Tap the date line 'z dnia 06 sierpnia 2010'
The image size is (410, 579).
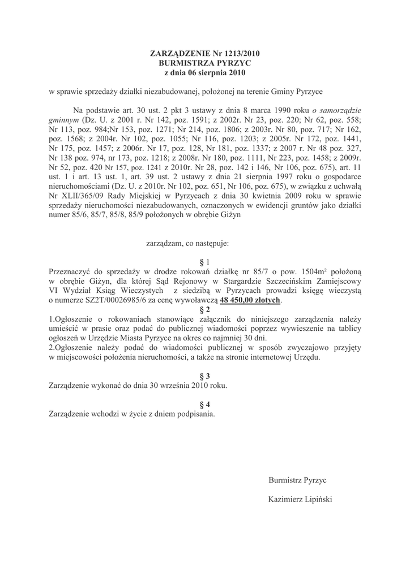205,73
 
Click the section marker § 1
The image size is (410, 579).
205,262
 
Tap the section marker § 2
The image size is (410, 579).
205,309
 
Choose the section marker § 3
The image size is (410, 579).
205,376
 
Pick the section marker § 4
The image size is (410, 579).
205,404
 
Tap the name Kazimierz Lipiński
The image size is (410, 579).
300,499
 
